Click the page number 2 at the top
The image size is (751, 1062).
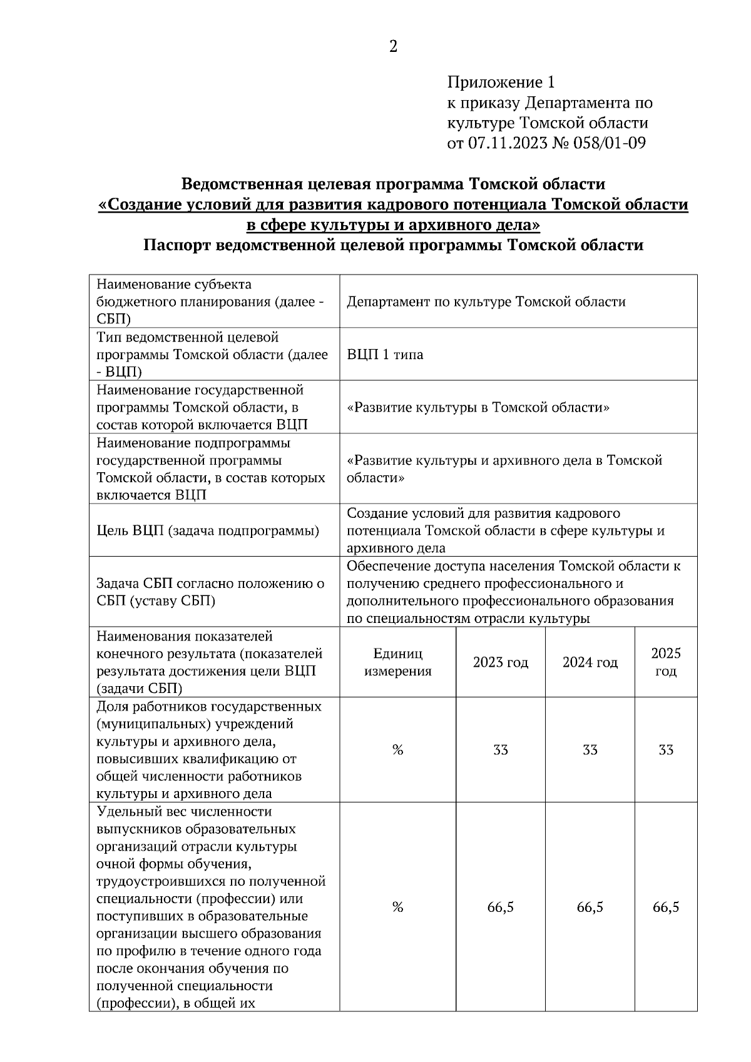(393, 47)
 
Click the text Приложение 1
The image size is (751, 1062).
(500, 82)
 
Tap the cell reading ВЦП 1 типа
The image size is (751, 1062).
(385, 355)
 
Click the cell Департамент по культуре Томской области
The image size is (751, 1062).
(486, 302)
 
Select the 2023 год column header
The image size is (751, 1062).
(500, 662)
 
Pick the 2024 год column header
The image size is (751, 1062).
(590, 662)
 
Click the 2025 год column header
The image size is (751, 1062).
(665, 662)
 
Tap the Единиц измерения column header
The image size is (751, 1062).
(397, 662)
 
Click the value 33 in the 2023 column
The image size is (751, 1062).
(500, 750)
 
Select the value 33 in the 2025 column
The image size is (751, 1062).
(665, 750)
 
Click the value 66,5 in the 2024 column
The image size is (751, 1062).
(590, 908)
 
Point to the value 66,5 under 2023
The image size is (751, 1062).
(500, 908)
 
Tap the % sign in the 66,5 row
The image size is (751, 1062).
(397, 908)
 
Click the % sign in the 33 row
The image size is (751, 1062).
(397, 750)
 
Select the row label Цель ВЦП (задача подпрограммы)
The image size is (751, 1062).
(208, 531)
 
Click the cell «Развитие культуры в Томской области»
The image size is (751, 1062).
(478, 408)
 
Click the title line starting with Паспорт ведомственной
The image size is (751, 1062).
(393, 245)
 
